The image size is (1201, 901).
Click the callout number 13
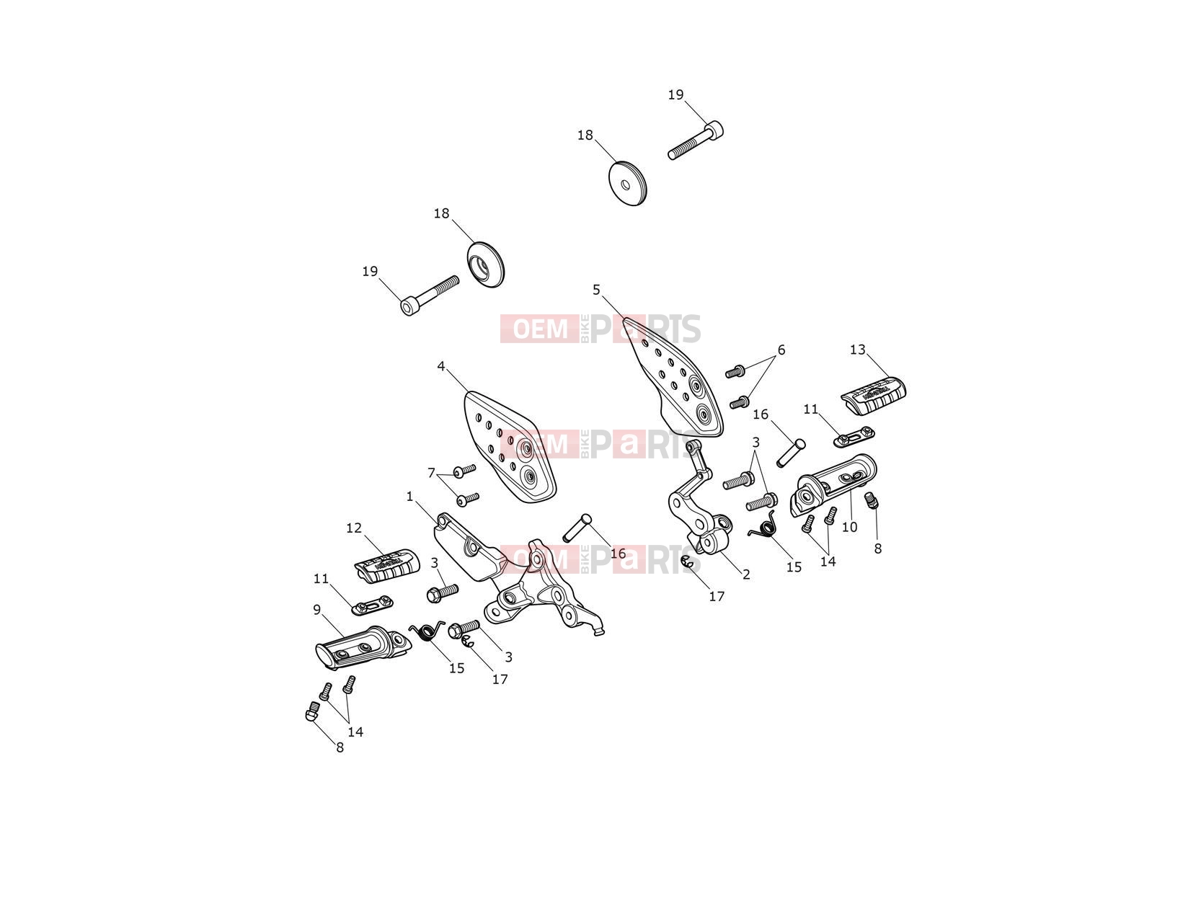(857, 349)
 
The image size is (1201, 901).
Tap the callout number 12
(354, 528)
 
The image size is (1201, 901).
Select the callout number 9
(316, 609)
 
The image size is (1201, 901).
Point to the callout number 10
(849, 527)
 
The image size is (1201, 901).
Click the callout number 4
(441, 366)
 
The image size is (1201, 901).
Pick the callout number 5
(596, 289)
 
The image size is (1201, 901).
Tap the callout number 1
(409, 496)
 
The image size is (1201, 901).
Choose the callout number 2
(746, 574)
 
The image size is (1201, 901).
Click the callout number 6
(781, 350)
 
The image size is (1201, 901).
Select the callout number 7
(431, 473)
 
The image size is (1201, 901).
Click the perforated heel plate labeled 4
(509, 446)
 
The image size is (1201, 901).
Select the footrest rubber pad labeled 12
(387, 564)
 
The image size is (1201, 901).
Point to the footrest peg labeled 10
(833, 484)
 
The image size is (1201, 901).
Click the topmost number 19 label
(675, 94)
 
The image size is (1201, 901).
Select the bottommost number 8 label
(340, 747)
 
